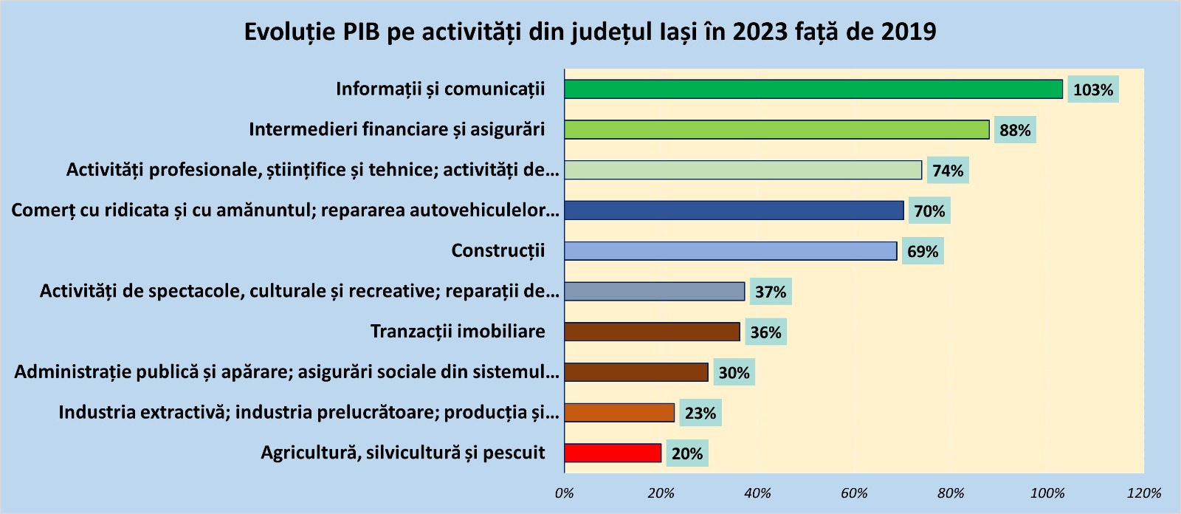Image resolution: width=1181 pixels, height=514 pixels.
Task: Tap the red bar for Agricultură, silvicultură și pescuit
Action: point(613,453)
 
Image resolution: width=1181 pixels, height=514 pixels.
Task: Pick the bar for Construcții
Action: point(731,251)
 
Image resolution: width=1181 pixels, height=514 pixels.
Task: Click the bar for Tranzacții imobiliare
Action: point(652,332)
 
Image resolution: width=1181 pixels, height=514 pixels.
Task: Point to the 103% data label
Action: point(1092,90)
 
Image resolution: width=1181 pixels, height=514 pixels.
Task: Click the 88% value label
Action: point(1015,131)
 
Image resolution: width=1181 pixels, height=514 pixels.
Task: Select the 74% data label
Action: point(948,171)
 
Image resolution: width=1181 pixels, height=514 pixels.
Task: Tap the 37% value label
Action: point(771,292)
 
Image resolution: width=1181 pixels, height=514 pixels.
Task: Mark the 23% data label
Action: point(700,414)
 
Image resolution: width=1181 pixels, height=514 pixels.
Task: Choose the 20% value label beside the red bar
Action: point(687,454)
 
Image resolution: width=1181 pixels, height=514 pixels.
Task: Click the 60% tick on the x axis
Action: point(854,493)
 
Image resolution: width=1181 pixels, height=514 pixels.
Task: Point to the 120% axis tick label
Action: point(1143,493)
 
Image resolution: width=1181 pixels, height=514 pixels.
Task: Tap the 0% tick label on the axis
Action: point(565,493)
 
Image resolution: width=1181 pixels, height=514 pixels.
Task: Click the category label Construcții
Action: point(497,251)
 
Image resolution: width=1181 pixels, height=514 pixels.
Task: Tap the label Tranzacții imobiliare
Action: point(458,332)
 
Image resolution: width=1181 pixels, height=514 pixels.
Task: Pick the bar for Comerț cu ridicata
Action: point(734,210)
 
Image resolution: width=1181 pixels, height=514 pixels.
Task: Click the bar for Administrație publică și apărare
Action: point(636,372)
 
